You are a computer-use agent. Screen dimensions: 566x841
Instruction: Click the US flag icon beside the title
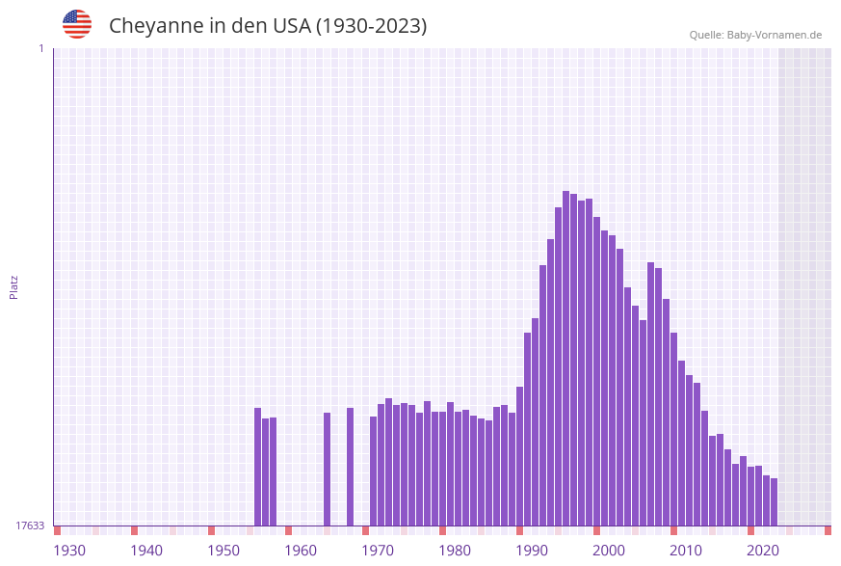click(x=77, y=24)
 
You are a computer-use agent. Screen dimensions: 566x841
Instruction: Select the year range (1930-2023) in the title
click(x=371, y=26)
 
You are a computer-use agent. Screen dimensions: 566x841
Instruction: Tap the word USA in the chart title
click(x=291, y=26)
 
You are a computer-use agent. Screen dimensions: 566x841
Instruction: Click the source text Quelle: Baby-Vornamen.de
click(x=755, y=35)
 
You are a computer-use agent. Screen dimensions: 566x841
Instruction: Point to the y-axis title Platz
click(x=14, y=286)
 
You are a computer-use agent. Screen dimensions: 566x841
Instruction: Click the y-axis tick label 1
click(x=40, y=48)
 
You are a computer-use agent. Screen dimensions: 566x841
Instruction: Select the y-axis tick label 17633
click(x=30, y=526)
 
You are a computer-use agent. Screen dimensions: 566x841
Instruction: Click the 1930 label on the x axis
click(x=69, y=551)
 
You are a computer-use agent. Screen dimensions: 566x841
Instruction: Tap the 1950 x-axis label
click(x=223, y=551)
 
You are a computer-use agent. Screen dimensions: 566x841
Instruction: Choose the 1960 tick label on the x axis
click(x=301, y=551)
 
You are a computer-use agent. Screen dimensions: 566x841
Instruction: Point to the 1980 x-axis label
click(x=455, y=551)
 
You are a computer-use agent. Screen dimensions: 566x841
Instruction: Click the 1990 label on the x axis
click(x=532, y=551)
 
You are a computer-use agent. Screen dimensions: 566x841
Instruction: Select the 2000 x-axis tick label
click(x=609, y=551)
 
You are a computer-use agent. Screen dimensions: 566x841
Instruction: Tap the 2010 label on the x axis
click(x=686, y=551)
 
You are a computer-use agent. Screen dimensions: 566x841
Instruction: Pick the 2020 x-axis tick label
click(x=763, y=551)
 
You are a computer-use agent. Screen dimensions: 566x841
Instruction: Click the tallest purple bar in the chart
click(x=566, y=358)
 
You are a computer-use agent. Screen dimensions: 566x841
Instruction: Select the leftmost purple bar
click(x=258, y=467)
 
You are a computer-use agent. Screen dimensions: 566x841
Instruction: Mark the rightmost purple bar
click(x=774, y=501)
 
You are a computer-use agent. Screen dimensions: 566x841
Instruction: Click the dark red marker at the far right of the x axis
click(x=828, y=530)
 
